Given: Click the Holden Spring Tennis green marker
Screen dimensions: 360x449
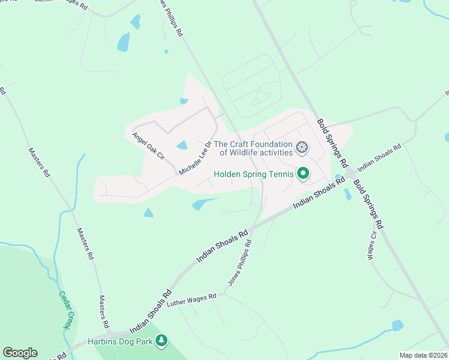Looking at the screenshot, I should coord(303,174).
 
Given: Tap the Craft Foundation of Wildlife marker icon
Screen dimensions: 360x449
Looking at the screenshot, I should coord(302,147).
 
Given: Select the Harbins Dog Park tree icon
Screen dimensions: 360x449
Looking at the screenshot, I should coord(161,341).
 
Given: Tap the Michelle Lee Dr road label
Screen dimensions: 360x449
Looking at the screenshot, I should coord(196,158).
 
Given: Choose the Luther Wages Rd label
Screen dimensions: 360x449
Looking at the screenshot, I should coord(192,299).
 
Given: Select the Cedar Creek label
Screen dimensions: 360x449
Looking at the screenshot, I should coord(64,310).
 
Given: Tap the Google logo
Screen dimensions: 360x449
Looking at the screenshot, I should coord(20,353).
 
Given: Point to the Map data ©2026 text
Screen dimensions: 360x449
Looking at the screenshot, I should coord(423,355).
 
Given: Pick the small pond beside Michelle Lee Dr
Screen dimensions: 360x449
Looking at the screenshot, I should coord(182,145).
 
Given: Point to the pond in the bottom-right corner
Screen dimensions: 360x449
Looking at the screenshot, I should coord(397,325).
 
